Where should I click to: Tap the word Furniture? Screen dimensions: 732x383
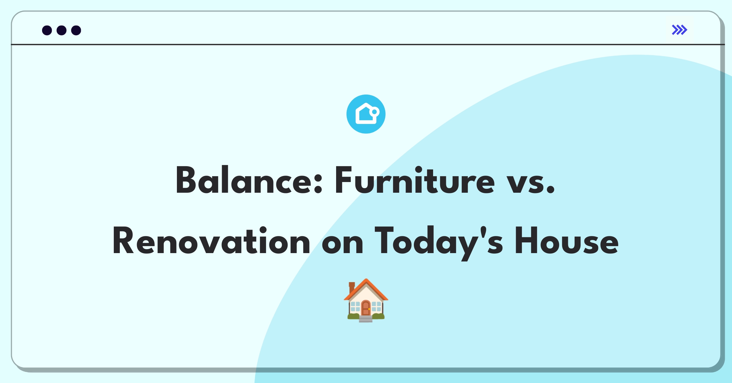point(415,180)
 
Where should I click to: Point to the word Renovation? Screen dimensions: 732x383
point(211,241)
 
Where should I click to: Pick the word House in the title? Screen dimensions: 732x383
point(567,241)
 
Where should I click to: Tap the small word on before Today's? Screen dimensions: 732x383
point(343,244)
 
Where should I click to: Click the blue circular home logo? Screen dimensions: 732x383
point(366,114)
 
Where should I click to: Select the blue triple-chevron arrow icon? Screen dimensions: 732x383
point(680,30)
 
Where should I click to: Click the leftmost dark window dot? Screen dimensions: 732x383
point(47,30)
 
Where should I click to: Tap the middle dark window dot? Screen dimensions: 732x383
point(62,30)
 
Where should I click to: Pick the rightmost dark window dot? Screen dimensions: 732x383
point(76,30)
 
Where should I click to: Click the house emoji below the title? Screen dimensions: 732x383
point(366,300)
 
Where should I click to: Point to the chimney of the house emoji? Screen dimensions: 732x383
point(352,287)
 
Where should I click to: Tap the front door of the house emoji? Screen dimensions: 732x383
point(366,308)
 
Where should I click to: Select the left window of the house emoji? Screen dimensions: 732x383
point(355,306)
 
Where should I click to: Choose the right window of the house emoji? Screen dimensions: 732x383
point(377,306)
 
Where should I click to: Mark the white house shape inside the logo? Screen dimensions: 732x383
point(366,114)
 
